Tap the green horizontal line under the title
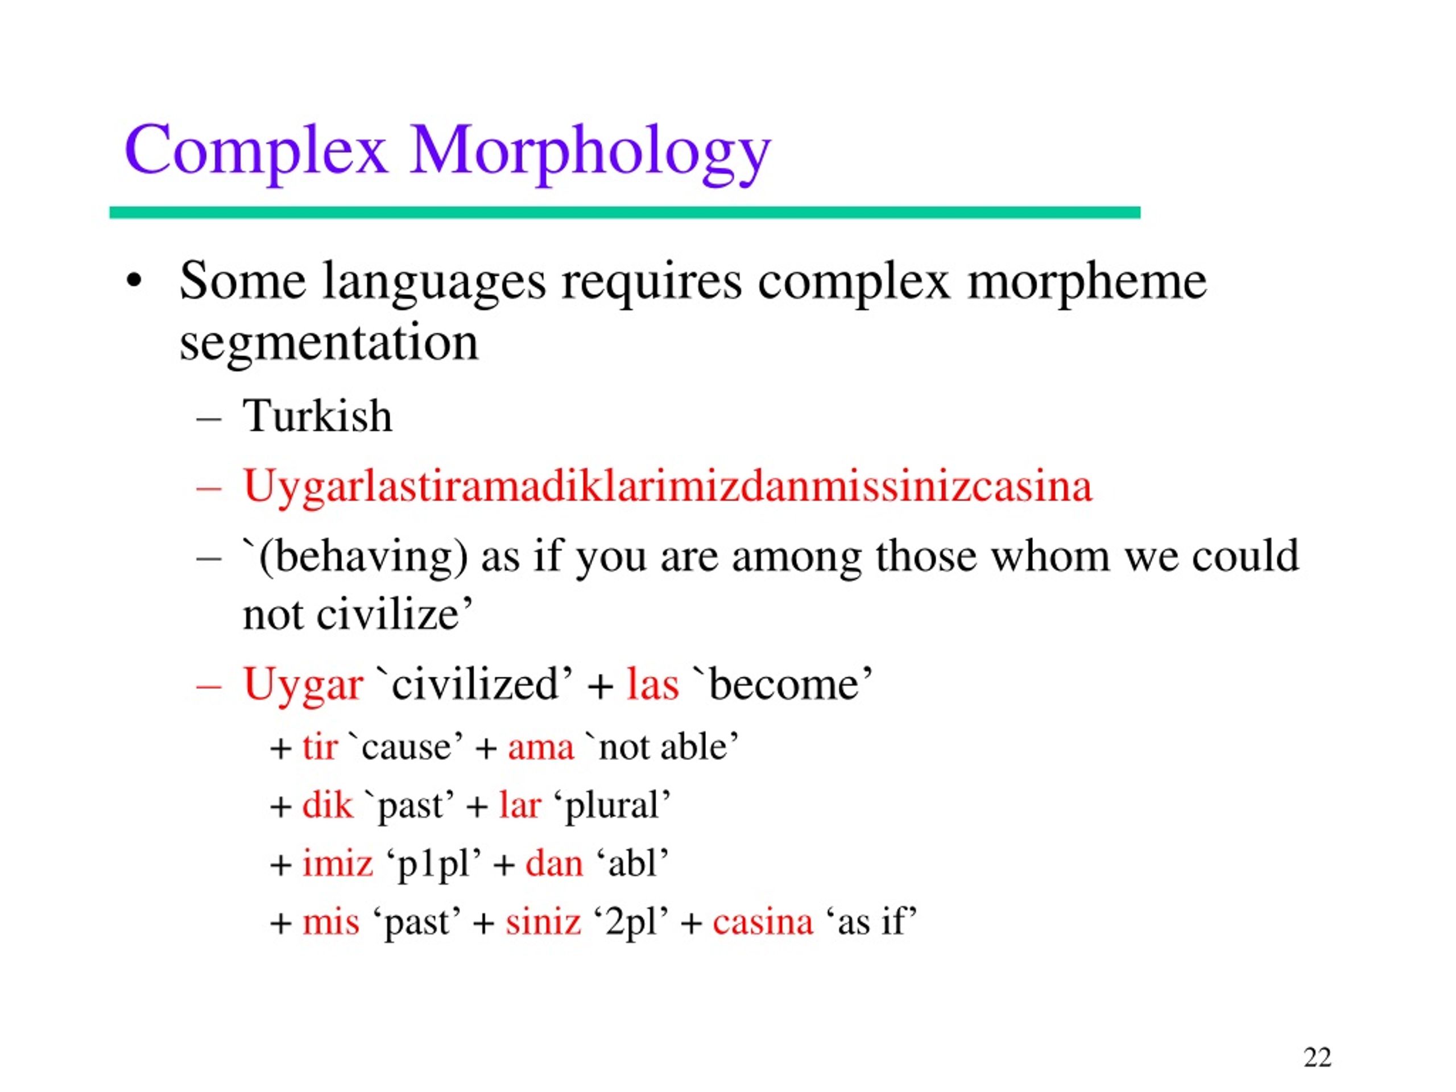click(x=624, y=213)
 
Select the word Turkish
click(x=317, y=417)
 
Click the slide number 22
click(x=1317, y=1057)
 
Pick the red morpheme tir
click(x=320, y=748)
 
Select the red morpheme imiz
click(x=337, y=863)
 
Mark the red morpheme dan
click(x=553, y=863)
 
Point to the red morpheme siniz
click(x=543, y=921)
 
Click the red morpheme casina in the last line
click(x=762, y=921)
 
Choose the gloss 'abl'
click(x=632, y=863)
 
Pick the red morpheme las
click(x=652, y=685)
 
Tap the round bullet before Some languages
click(x=134, y=282)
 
